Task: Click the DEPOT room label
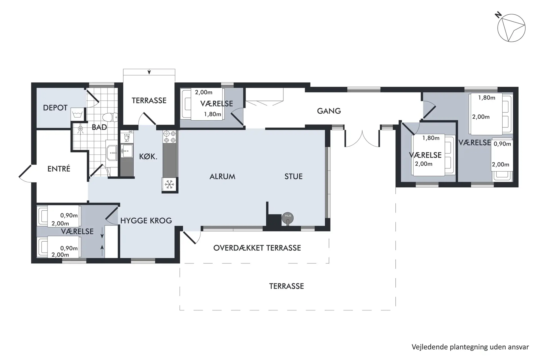click(x=55, y=108)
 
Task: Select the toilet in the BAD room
click(x=110, y=117)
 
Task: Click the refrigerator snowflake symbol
click(x=169, y=184)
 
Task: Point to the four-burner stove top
click(x=170, y=137)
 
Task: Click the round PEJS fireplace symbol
click(x=288, y=218)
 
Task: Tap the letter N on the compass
click(x=499, y=15)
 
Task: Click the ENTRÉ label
click(x=59, y=169)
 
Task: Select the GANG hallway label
click(x=329, y=111)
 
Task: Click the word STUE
click(x=293, y=177)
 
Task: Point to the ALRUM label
click(x=222, y=177)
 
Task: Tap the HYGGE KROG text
click(x=146, y=220)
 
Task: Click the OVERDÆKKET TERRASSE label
click(x=257, y=248)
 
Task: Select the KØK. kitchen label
click(x=148, y=157)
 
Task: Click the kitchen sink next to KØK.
click(x=127, y=151)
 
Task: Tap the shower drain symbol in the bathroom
click(x=80, y=129)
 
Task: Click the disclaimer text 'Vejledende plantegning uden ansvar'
click(x=470, y=347)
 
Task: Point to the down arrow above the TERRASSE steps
click(x=149, y=72)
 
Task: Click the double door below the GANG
click(x=362, y=138)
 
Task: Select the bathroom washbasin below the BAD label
click(x=112, y=154)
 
